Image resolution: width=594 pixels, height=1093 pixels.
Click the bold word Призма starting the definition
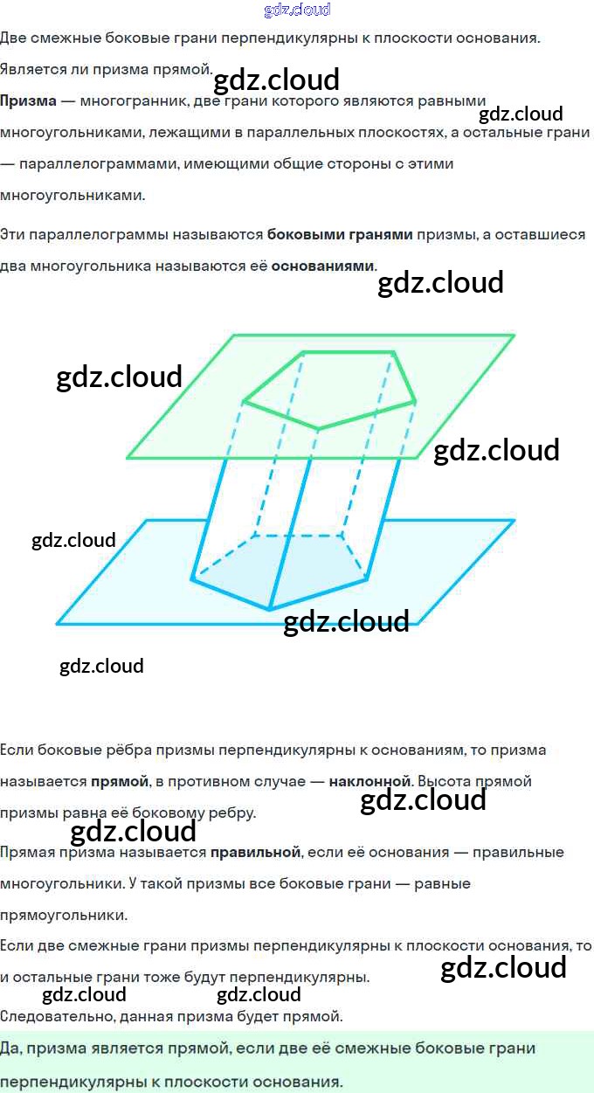pyautogui.click(x=28, y=101)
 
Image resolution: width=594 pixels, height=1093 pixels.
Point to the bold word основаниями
pyautogui.click(x=322, y=266)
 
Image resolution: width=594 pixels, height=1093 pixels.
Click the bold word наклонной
pyautogui.click(x=370, y=781)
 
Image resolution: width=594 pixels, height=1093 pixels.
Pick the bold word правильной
pyautogui.click(x=255, y=852)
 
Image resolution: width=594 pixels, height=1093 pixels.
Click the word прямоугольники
pyautogui.click(x=63, y=916)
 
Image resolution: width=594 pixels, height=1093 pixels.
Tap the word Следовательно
pyautogui.click(x=51, y=1016)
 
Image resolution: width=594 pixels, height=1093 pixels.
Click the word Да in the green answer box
pyautogui.click(x=10, y=1048)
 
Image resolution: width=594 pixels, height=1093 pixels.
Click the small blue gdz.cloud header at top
pyautogui.click(x=297, y=10)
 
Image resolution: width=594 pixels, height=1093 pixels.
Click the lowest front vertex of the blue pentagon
pyautogui.click(x=270, y=609)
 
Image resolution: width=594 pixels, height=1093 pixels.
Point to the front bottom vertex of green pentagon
pyautogui.click(x=318, y=429)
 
